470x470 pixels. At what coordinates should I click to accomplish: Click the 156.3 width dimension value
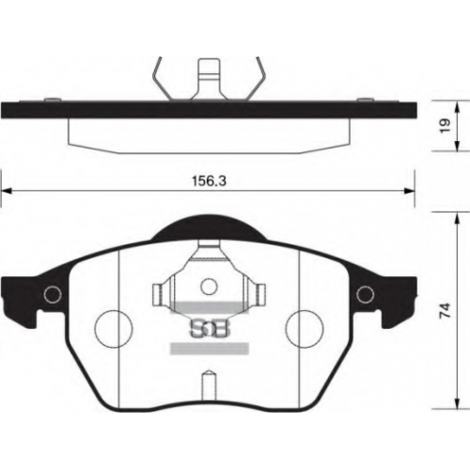[x=209, y=181]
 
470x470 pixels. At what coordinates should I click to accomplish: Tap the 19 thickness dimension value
[x=446, y=125]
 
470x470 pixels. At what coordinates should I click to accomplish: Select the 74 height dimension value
[x=446, y=310]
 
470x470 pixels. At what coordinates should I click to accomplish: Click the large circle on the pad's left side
[x=114, y=329]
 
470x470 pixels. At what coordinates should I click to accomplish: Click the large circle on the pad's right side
[x=305, y=329]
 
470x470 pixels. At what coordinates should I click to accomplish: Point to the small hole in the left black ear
[x=53, y=294]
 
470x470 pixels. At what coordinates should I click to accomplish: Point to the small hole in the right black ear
[x=366, y=294]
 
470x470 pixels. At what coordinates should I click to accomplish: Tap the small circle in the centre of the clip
[x=209, y=287]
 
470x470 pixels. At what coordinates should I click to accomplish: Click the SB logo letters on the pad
[x=210, y=329]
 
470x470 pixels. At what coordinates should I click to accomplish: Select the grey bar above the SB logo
[x=210, y=307]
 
